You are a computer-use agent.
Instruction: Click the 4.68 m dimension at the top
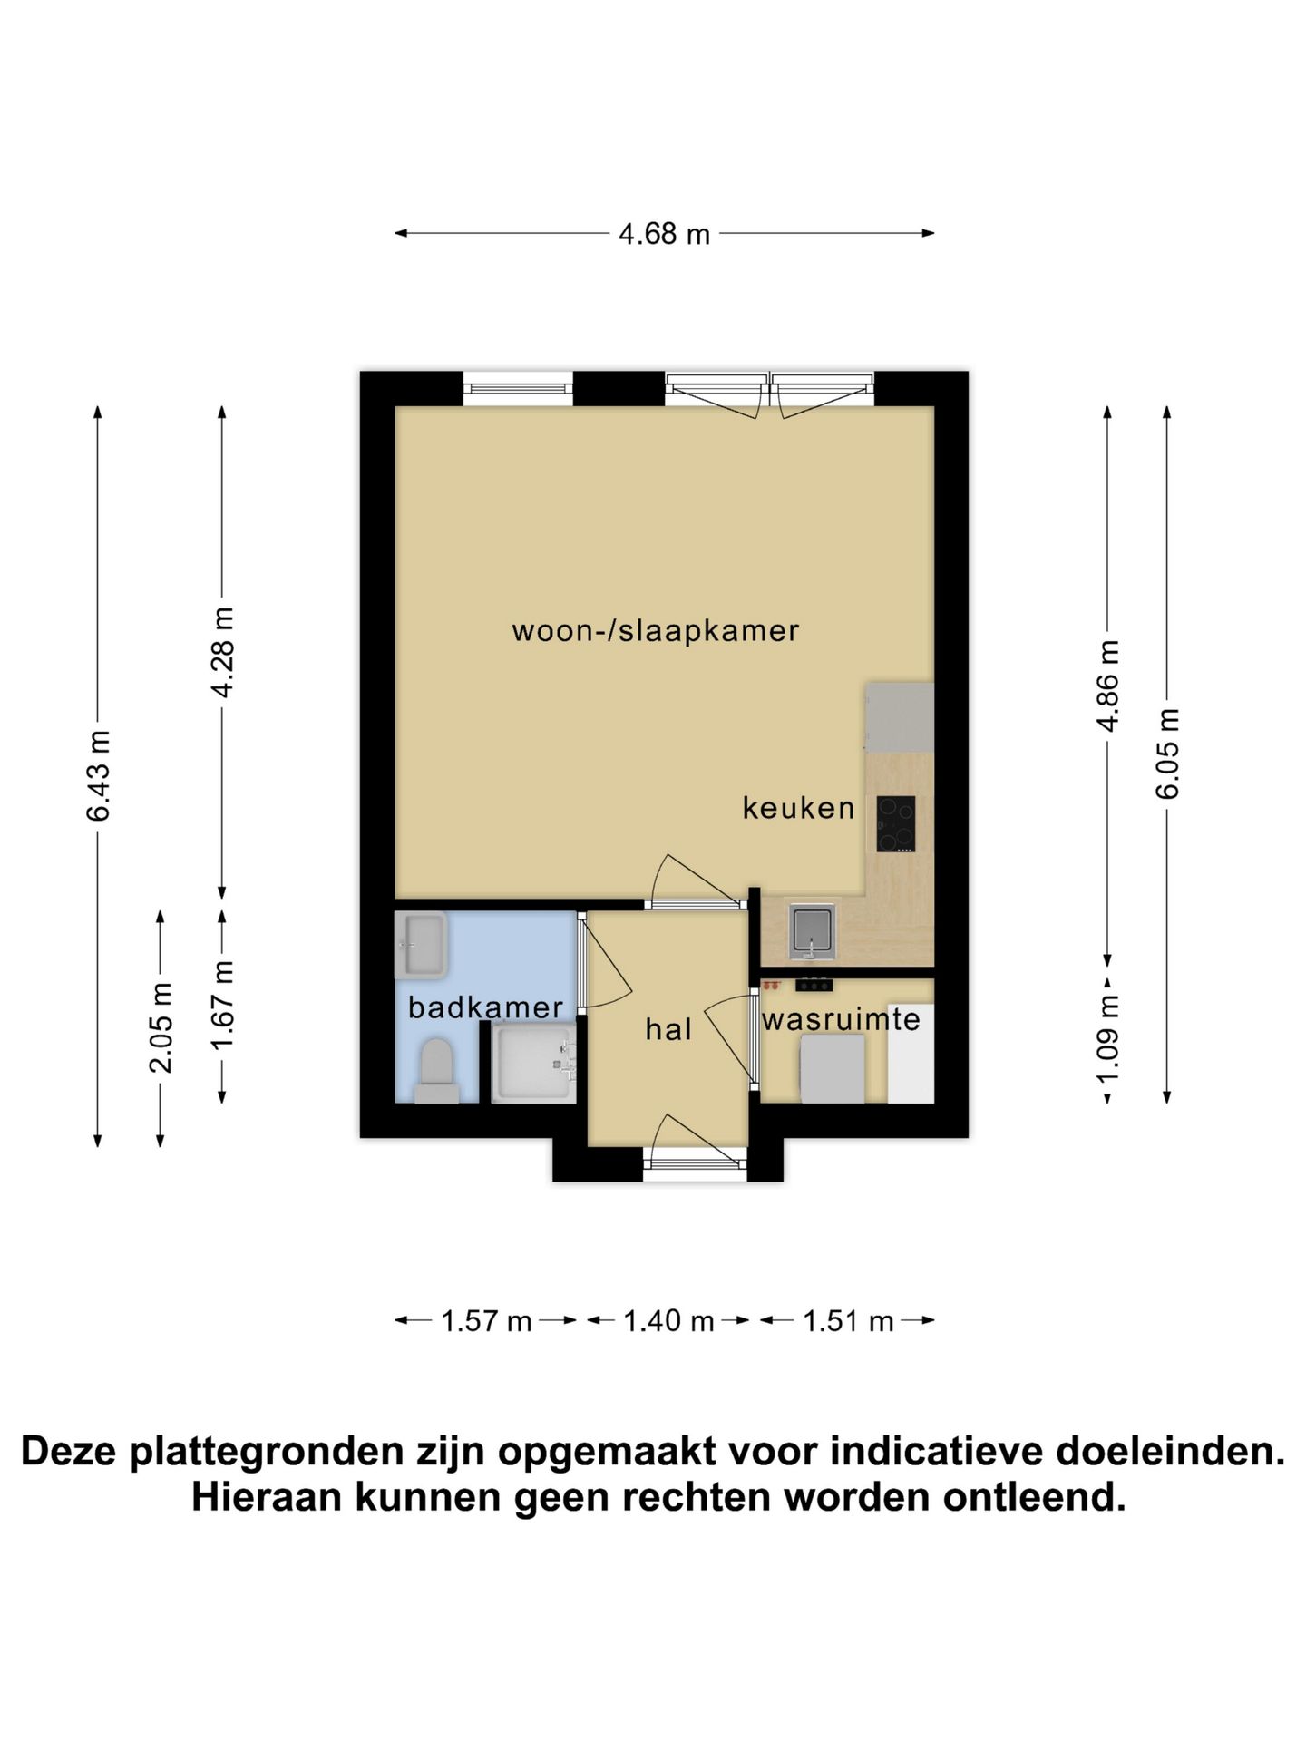(x=664, y=234)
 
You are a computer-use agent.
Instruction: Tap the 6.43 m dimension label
(x=98, y=775)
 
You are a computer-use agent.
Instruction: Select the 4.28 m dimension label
(x=222, y=652)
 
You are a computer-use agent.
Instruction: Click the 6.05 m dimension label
(x=1168, y=753)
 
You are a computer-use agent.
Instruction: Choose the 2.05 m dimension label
(x=161, y=1027)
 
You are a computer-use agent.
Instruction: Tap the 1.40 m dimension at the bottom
(x=668, y=1321)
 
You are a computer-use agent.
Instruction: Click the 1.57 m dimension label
(x=486, y=1321)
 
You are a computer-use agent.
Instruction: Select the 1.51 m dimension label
(x=848, y=1321)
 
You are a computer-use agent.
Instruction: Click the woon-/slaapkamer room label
(x=655, y=630)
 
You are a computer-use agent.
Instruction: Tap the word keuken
(x=798, y=807)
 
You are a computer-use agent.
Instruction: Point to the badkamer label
(x=485, y=1007)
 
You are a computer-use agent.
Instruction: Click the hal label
(x=668, y=1029)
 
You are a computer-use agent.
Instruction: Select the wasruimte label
(x=841, y=1020)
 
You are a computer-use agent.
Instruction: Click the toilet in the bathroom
(x=436, y=1070)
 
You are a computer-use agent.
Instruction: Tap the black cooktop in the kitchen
(x=895, y=823)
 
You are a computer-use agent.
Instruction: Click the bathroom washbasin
(x=421, y=945)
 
